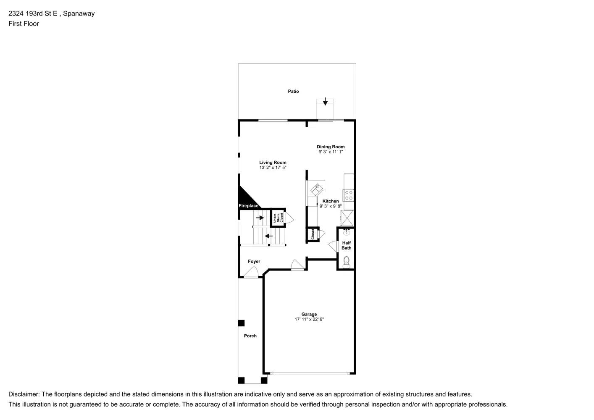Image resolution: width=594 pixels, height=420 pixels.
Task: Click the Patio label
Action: pyautogui.click(x=293, y=91)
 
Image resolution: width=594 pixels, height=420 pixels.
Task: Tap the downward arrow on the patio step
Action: pyautogui.click(x=325, y=102)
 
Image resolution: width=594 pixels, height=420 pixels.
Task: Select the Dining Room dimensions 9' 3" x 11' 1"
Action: pyautogui.click(x=331, y=152)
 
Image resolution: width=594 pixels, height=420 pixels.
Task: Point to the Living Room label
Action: pyautogui.click(x=273, y=163)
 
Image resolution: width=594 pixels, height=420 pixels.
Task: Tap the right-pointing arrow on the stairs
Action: pyautogui.click(x=260, y=218)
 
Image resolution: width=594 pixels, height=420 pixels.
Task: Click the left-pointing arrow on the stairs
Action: pyautogui.click(x=269, y=236)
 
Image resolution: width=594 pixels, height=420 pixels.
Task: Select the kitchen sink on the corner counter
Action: pyautogui.click(x=315, y=190)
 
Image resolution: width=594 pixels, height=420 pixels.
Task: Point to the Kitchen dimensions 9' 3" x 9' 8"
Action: pyautogui.click(x=331, y=206)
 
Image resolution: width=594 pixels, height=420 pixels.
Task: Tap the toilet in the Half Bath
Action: pyautogui.click(x=346, y=262)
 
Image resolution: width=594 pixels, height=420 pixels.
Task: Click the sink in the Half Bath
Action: pyautogui.click(x=347, y=233)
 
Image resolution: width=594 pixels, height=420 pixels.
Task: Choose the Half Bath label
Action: pyautogui.click(x=346, y=245)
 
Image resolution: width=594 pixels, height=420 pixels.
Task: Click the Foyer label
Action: pyautogui.click(x=254, y=261)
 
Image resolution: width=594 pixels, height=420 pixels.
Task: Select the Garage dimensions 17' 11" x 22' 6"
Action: pyautogui.click(x=309, y=319)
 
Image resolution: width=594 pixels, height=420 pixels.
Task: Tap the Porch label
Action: pyautogui.click(x=250, y=336)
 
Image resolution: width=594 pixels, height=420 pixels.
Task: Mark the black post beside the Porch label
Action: pyautogui.click(x=241, y=323)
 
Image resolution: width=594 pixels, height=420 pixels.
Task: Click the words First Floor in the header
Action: pyautogui.click(x=24, y=24)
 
